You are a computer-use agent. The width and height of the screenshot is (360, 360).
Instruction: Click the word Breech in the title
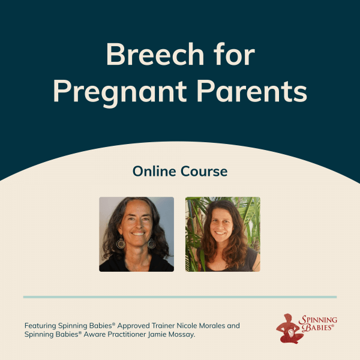click(155, 54)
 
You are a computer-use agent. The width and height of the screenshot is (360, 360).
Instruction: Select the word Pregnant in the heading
click(119, 91)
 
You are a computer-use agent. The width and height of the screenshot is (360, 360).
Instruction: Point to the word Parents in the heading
click(252, 91)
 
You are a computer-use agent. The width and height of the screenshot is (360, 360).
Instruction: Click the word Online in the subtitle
click(154, 171)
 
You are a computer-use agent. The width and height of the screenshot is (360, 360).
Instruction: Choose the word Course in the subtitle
click(204, 172)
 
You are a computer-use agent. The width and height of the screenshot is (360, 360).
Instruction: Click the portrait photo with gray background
click(136, 234)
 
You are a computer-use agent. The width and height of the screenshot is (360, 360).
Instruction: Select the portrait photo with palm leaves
click(223, 234)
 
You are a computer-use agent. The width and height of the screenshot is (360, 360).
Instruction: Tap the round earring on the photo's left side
click(121, 244)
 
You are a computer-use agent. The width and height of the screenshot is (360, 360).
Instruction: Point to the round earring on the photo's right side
click(152, 244)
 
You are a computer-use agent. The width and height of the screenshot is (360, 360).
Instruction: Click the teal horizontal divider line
click(180, 297)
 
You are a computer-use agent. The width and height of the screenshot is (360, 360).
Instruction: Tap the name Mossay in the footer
click(182, 335)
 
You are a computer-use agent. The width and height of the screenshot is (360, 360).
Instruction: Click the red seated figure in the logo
click(289, 329)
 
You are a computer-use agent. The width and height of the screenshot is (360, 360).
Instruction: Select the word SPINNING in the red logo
click(318, 319)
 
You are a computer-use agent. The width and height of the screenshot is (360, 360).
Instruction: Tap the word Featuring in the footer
click(40, 326)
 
